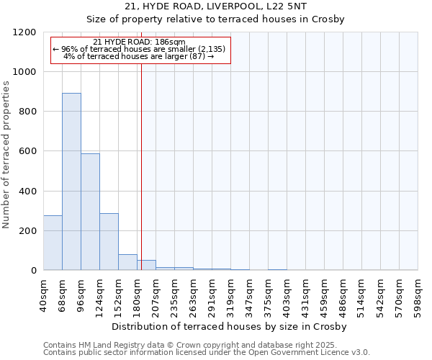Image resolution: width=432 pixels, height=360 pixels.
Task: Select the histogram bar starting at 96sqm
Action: point(90,212)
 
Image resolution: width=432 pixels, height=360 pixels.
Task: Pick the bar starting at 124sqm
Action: point(109,241)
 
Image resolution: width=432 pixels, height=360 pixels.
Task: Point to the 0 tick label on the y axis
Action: point(33,271)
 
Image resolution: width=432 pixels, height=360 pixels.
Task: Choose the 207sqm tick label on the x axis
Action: point(156,293)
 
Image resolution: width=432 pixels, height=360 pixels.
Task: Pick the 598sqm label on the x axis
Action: point(418,293)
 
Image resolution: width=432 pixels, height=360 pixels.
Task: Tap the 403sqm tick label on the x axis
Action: point(287,293)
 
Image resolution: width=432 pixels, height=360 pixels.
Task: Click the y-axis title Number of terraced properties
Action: point(7,155)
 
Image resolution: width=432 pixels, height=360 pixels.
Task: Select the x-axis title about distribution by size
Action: point(230,326)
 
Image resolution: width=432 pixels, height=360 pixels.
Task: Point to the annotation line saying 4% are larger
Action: point(139,56)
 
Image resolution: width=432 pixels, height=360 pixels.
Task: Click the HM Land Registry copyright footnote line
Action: point(206,345)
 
